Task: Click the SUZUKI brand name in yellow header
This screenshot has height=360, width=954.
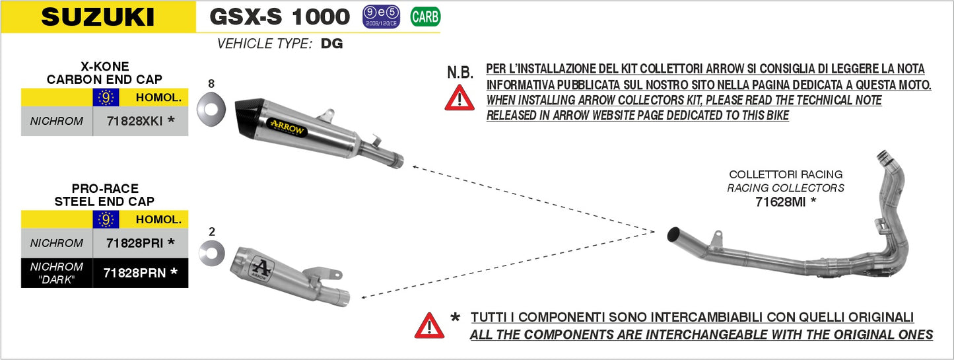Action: click(98, 17)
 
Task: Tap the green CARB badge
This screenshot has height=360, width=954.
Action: click(425, 17)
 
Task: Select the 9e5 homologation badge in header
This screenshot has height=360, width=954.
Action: click(381, 17)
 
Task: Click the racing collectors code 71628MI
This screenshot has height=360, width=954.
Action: click(785, 202)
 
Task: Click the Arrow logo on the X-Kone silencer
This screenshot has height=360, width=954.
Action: click(287, 127)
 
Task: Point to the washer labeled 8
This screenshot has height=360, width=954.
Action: click(211, 104)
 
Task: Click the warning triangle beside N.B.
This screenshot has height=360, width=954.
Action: click(459, 98)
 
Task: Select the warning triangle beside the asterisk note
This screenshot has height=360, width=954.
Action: click(429, 326)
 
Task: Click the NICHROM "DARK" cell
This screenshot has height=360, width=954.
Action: click(57, 271)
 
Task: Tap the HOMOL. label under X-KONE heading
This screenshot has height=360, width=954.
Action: click(158, 98)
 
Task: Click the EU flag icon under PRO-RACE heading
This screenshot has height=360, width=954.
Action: click(106, 219)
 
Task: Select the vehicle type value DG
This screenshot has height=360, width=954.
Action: click(332, 44)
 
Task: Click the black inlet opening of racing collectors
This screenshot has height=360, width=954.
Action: click(674, 233)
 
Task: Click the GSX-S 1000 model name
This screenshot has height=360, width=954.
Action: click(279, 17)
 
